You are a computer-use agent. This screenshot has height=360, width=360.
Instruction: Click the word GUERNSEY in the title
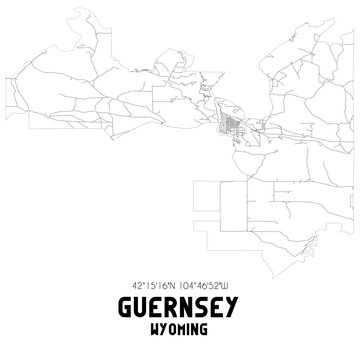click(180, 310)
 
